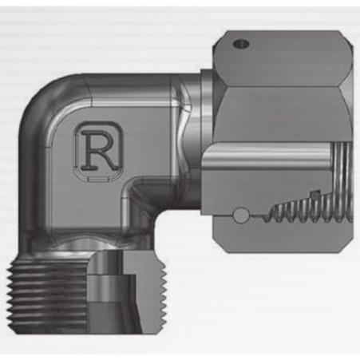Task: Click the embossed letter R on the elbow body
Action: tap(101, 151)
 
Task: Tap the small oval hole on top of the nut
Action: tap(241, 43)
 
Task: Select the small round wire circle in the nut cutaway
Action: tap(241, 215)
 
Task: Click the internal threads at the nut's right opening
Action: tap(343, 181)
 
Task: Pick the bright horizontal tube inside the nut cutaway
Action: tap(266, 156)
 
